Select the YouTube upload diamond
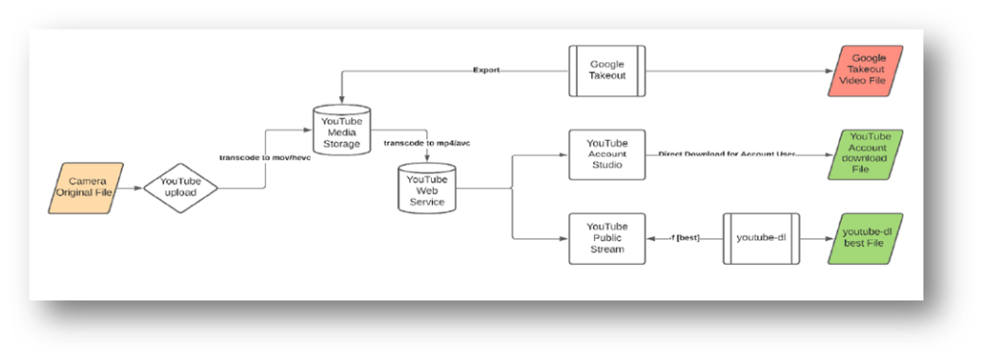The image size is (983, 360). point(181,187)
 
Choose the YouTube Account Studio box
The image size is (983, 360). point(607,154)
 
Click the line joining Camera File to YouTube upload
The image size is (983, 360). point(133,187)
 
